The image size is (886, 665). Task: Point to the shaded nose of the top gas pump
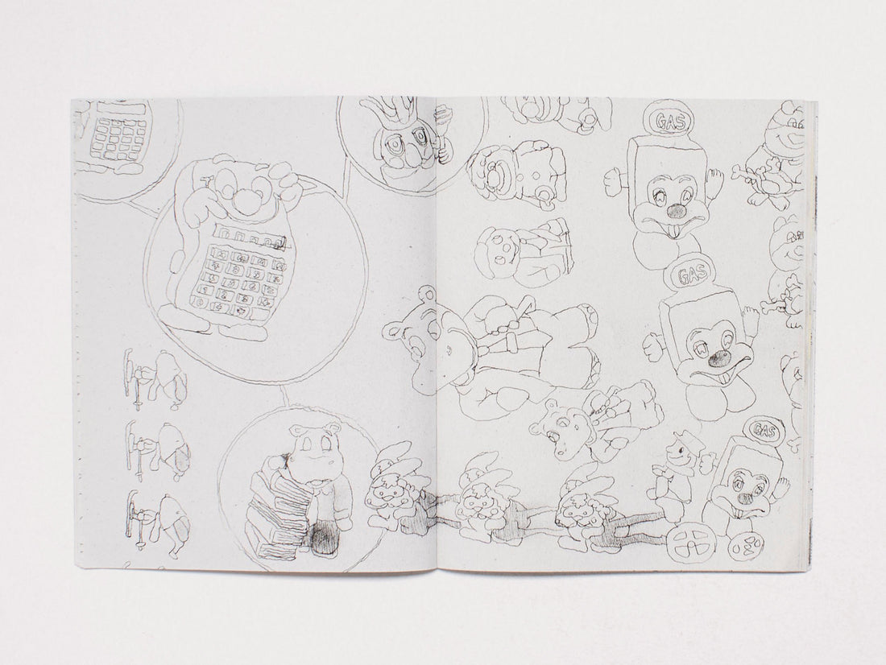[677, 211]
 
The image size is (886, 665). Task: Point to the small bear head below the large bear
[557, 427]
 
